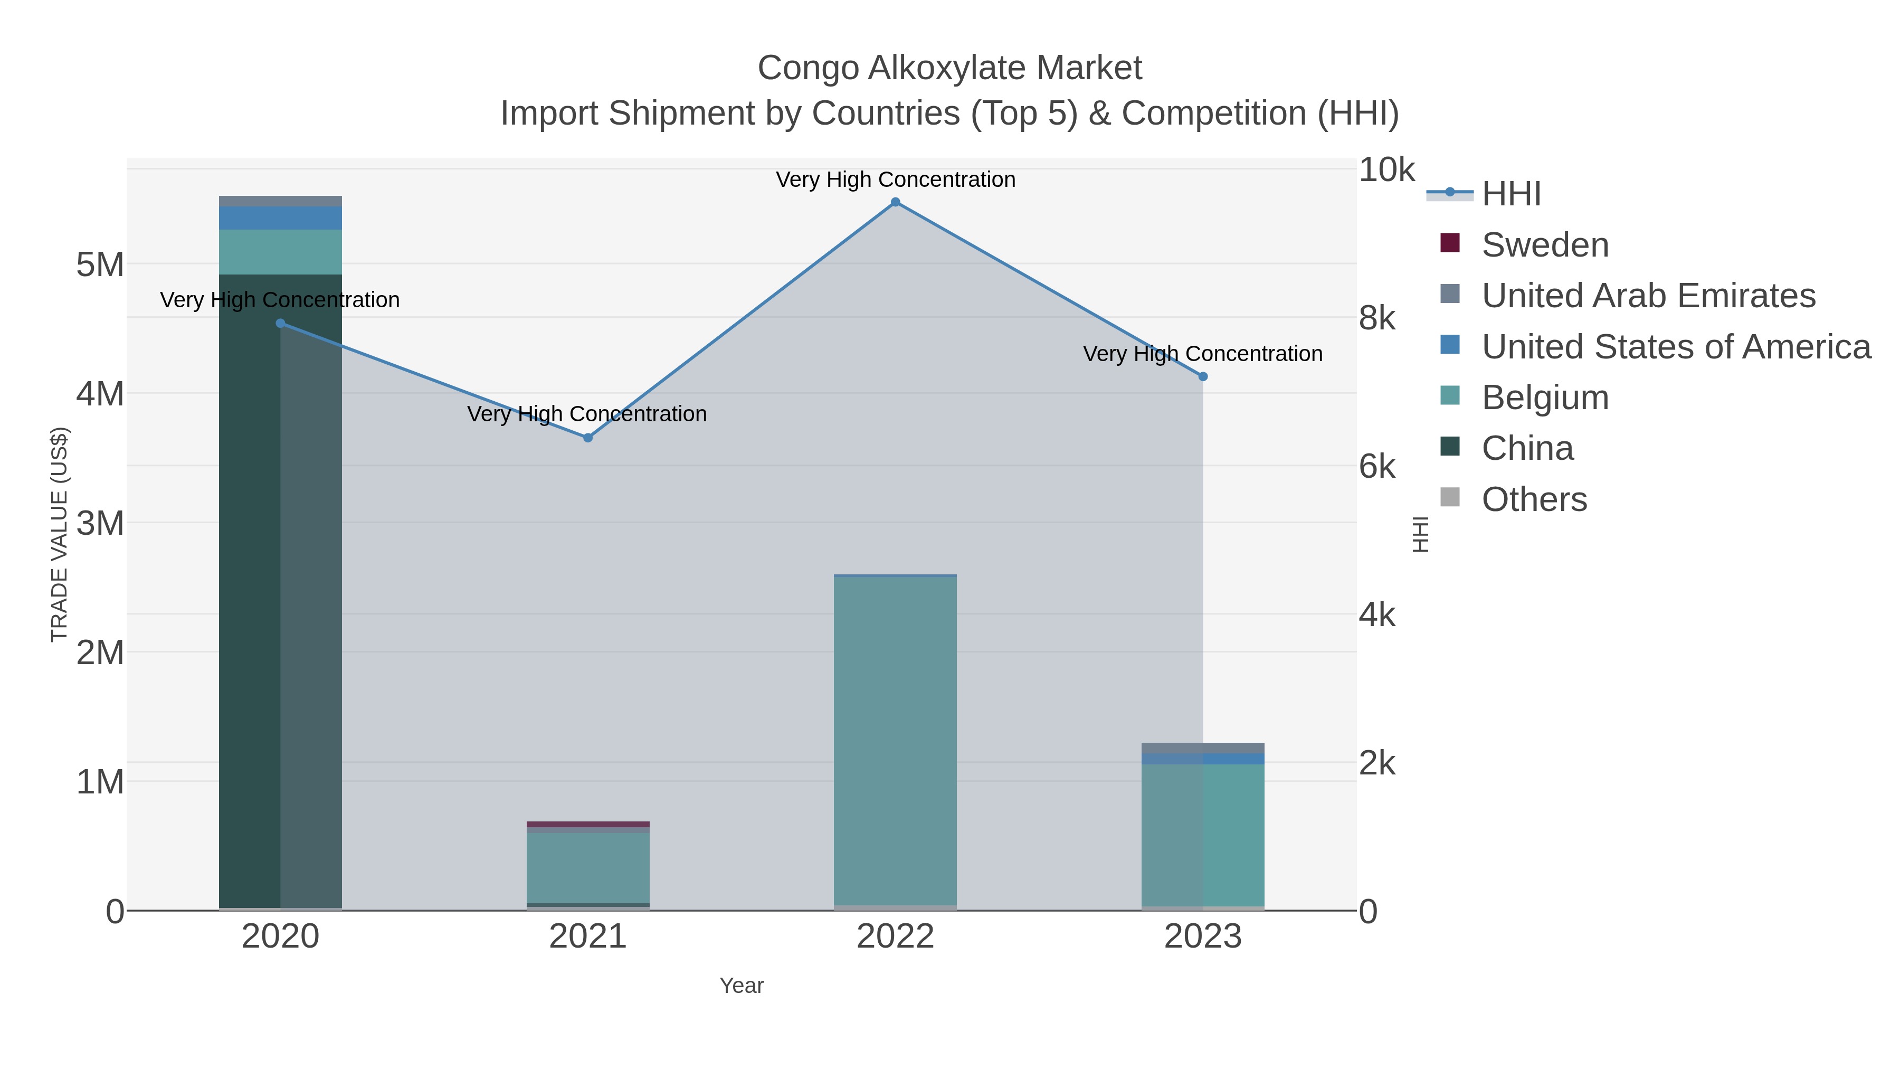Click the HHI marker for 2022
coord(896,202)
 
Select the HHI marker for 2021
coord(588,438)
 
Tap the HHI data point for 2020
coord(280,323)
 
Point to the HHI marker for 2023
coord(1203,376)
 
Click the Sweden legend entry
coord(1544,245)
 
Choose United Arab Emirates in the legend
coord(1648,296)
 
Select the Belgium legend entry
coord(1544,398)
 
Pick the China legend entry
coord(1527,449)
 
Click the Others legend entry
coord(1533,499)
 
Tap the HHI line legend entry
coord(1510,194)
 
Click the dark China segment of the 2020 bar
coord(251,590)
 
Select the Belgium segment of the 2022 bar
coord(896,738)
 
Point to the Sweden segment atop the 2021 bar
coord(588,824)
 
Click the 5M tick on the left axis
coord(100,264)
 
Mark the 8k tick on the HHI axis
coord(1377,319)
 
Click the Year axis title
coord(742,986)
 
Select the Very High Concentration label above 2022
coord(896,179)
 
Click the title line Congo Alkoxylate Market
coord(949,68)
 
